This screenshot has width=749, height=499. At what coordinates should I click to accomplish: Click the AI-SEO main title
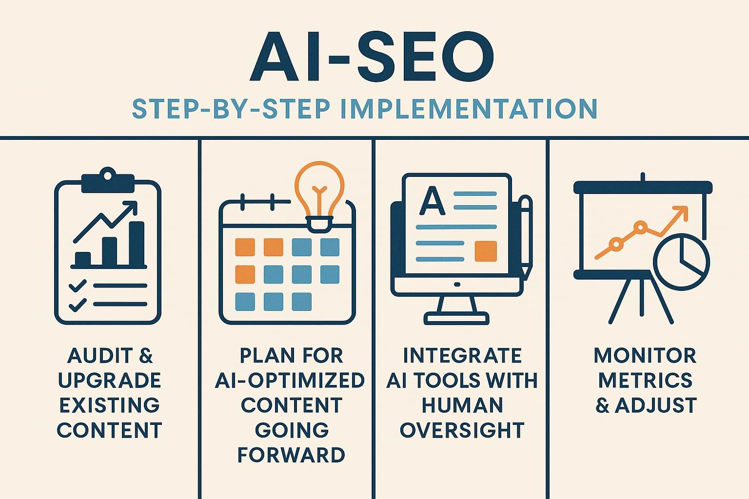click(x=372, y=57)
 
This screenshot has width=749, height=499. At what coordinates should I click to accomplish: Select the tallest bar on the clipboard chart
click(x=137, y=244)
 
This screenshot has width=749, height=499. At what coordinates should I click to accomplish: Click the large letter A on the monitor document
click(x=433, y=201)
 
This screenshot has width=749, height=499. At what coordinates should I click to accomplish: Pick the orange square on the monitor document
click(x=486, y=251)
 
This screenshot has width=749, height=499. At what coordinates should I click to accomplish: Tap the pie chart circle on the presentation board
click(x=681, y=262)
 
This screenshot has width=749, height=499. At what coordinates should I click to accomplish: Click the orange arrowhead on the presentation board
click(x=681, y=213)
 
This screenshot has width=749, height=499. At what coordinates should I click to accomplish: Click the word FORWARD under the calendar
click(x=291, y=455)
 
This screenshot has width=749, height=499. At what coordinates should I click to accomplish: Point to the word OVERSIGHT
click(x=462, y=430)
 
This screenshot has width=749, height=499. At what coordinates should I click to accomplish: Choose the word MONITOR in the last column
click(x=645, y=355)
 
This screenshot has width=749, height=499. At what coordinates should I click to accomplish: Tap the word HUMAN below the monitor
click(x=462, y=405)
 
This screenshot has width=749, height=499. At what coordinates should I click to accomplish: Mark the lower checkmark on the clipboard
click(x=78, y=305)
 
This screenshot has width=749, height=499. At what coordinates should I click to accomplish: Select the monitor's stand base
click(x=456, y=318)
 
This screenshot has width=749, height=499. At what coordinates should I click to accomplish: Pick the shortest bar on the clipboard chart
click(x=82, y=259)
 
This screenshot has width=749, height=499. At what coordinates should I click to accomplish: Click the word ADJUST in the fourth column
click(x=656, y=405)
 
